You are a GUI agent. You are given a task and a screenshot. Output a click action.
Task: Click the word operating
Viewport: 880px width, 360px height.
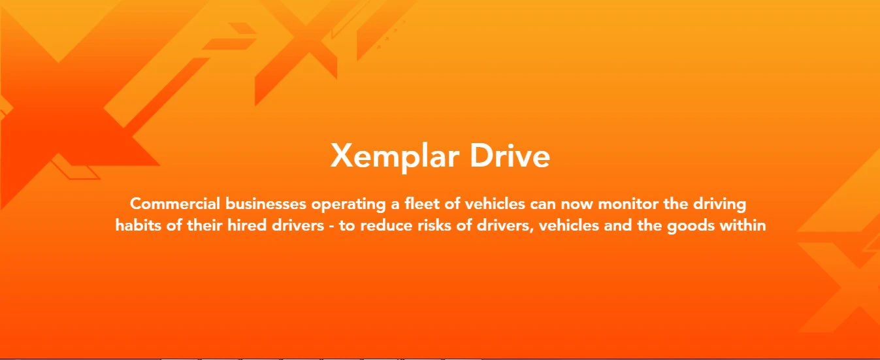tap(349, 205)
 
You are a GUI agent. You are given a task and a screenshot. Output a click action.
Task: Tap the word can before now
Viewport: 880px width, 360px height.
tap(542, 204)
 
